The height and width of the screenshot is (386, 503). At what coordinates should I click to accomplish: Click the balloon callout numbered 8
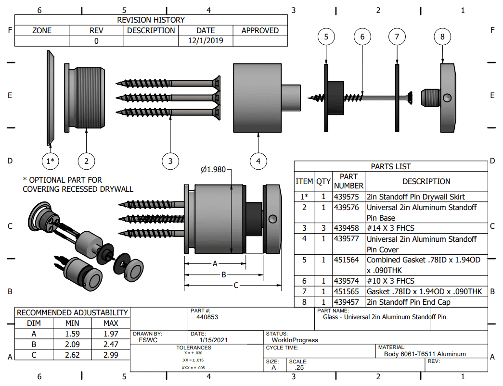click(x=442, y=37)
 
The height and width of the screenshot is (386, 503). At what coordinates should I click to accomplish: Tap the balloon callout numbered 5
click(x=326, y=37)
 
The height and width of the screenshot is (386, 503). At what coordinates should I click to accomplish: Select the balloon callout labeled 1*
click(x=50, y=161)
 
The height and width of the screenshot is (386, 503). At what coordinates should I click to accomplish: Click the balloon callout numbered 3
click(x=170, y=161)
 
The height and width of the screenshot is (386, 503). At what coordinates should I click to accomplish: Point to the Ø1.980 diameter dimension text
click(x=213, y=169)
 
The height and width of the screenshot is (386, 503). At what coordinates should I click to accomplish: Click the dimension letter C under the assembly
click(x=236, y=286)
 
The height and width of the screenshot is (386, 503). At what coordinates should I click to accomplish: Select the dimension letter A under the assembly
click(x=215, y=263)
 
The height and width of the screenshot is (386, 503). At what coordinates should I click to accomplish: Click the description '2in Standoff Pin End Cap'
click(x=409, y=302)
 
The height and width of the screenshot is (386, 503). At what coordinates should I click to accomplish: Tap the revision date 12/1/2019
click(x=206, y=41)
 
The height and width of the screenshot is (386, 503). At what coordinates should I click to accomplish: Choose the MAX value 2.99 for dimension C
click(x=111, y=355)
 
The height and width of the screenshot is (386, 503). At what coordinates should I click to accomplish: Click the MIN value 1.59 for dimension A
click(x=72, y=334)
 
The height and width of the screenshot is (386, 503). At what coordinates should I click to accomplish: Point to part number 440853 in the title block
click(x=207, y=317)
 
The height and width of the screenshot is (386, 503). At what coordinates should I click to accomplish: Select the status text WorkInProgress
click(x=295, y=340)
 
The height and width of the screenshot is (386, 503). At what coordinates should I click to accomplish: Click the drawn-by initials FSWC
click(x=146, y=340)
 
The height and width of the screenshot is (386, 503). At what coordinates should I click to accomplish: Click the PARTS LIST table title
click(x=391, y=166)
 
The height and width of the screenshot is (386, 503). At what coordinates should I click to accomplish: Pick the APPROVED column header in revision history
click(x=260, y=30)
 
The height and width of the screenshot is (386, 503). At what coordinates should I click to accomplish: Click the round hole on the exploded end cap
click(x=448, y=98)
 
